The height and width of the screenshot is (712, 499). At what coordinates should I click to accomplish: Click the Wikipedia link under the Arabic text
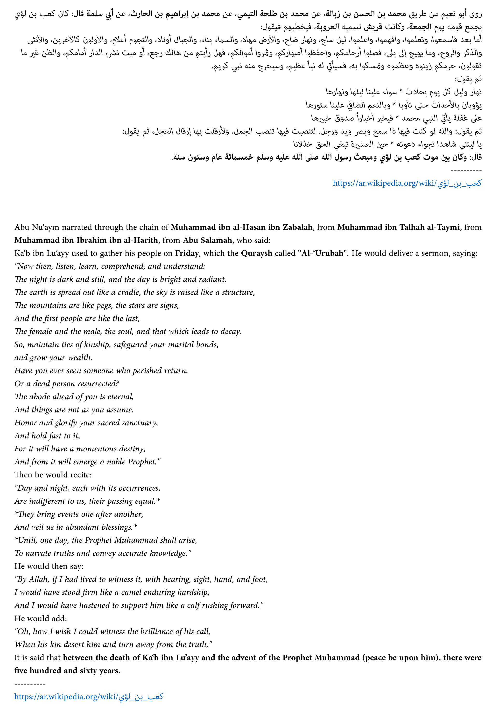407,183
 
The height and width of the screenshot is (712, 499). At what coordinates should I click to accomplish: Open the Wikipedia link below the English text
89,697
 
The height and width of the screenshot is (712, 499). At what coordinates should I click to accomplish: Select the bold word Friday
187,253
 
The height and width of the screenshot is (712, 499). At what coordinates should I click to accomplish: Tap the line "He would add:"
41,618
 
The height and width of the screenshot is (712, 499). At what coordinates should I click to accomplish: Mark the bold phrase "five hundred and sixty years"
67,671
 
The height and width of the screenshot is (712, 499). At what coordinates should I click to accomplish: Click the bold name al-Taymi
445,227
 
